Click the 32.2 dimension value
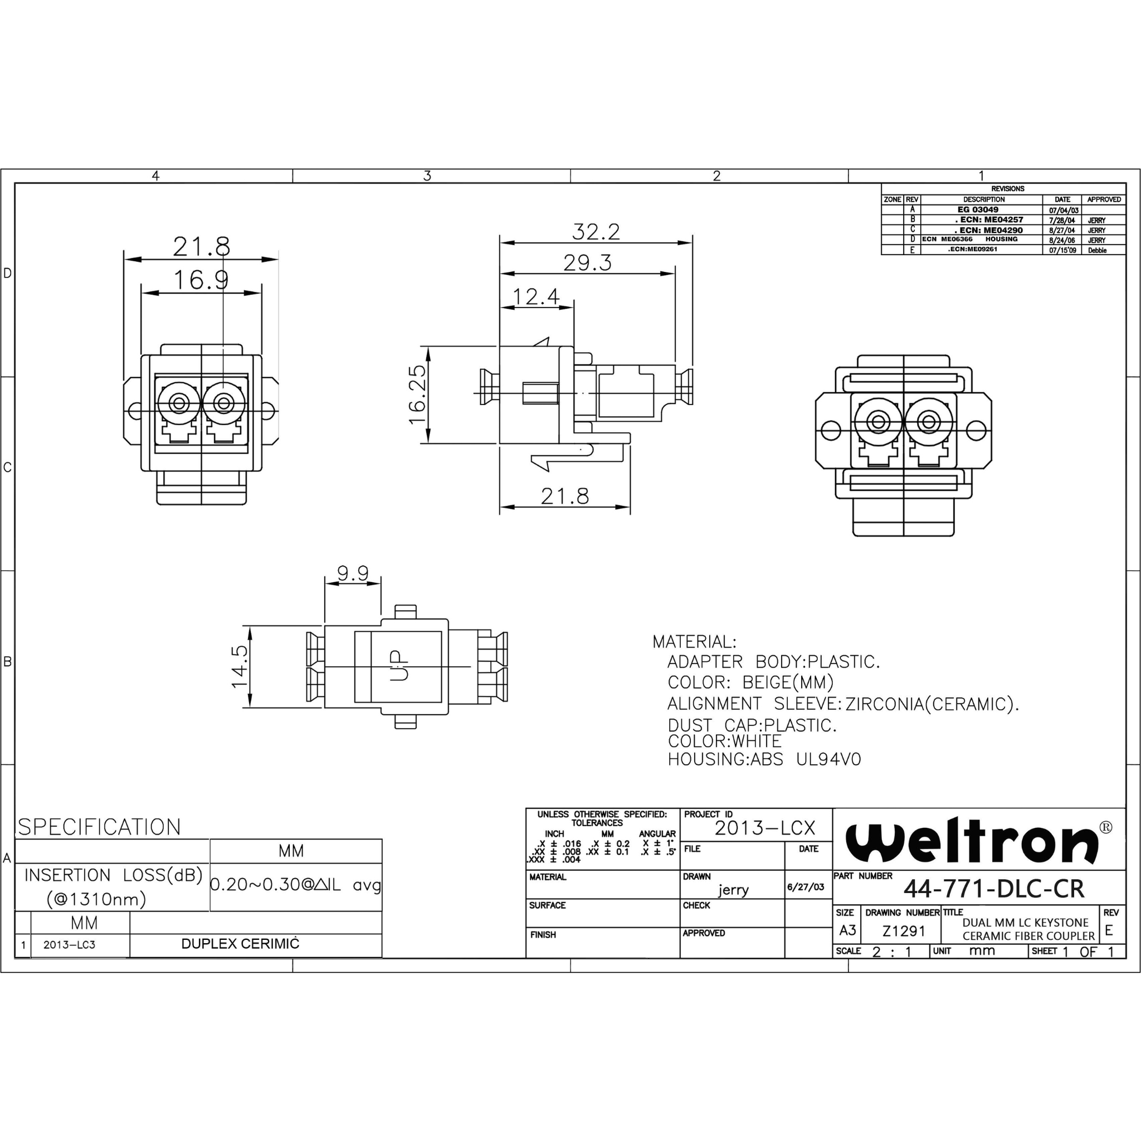coord(596,232)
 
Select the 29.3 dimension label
coord(587,263)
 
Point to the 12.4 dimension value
coord(535,296)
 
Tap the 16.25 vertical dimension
coord(417,394)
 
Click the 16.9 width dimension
coord(201,279)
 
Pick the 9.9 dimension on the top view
coord(353,573)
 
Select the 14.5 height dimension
coord(240,667)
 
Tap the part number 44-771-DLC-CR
coord(994,889)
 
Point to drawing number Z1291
coord(904,932)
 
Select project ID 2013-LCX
coord(765,828)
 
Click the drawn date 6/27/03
coord(806,887)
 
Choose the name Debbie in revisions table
coord(1098,250)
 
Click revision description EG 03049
coord(978,209)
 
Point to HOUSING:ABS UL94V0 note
coord(764,759)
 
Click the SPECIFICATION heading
coord(99,827)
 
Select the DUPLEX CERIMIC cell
coord(240,944)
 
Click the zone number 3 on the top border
coord(427,176)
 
